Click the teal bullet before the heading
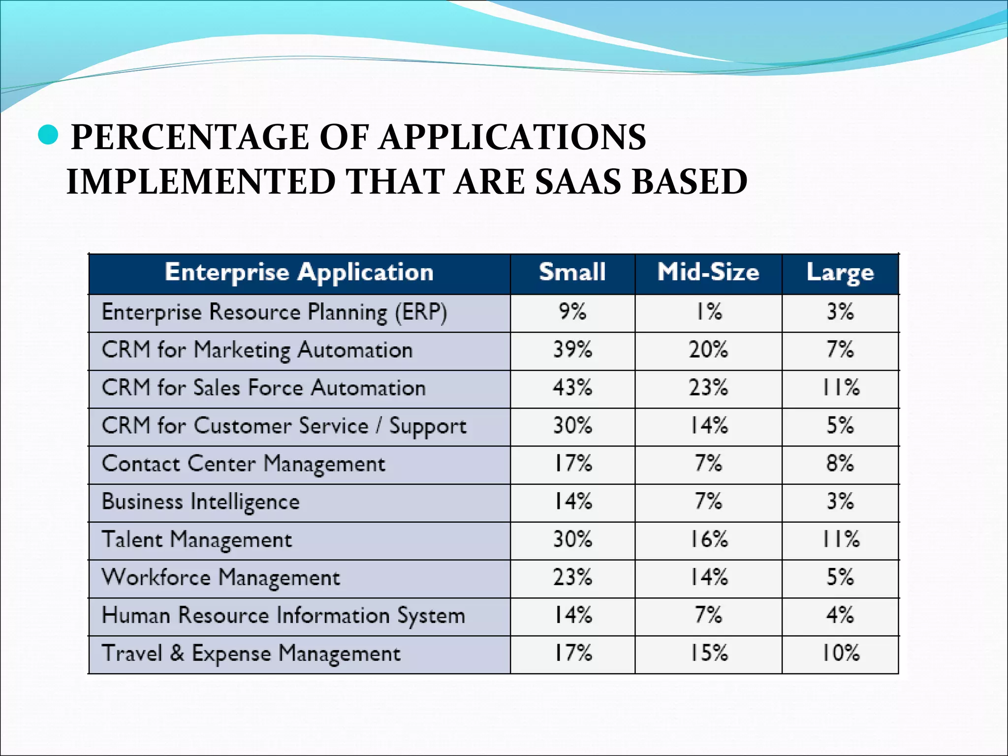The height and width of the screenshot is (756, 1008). (x=48, y=135)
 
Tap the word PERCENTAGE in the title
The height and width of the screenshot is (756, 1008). (x=190, y=137)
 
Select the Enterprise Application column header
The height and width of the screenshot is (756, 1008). (x=299, y=273)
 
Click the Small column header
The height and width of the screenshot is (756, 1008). (x=572, y=273)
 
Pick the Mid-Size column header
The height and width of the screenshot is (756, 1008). (x=708, y=273)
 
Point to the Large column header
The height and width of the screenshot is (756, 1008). (x=840, y=273)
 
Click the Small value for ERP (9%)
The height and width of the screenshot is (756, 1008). (x=572, y=312)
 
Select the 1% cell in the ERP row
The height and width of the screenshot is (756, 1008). (x=708, y=312)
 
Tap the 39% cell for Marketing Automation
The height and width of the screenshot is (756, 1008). (x=572, y=350)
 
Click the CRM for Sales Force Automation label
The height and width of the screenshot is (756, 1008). (x=263, y=388)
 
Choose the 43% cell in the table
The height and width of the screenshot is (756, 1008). (x=572, y=388)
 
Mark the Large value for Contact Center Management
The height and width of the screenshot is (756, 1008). (x=840, y=464)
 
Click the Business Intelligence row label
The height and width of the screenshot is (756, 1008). (x=200, y=502)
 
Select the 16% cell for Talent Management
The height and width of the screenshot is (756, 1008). (x=708, y=539)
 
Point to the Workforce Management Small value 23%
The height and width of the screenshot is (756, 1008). (x=572, y=577)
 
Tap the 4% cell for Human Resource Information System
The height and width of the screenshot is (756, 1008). (x=840, y=615)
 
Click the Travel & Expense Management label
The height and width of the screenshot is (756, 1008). (x=251, y=654)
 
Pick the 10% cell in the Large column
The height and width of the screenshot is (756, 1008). (x=840, y=654)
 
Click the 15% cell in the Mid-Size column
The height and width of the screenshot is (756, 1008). (x=708, y=654)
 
